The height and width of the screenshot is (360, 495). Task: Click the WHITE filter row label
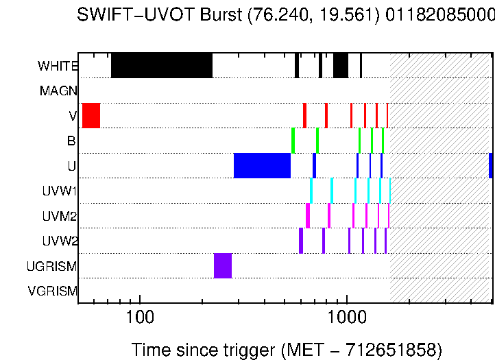tap(58, 67)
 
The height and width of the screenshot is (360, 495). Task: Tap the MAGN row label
tap(58, 91)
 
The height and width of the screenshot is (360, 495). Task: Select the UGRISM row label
tap(51, 266)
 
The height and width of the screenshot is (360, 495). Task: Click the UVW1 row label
tap(60, 191)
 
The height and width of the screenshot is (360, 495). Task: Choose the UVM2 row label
tap(60, 216)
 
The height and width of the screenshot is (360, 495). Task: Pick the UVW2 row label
tap(60, 241)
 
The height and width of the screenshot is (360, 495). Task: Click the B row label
tap(71, 141)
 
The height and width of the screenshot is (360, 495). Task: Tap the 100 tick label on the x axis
tap(140, 318)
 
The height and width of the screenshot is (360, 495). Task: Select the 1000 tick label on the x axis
tap(348, 318)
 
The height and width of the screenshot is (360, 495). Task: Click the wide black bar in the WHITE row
tap(162, 65)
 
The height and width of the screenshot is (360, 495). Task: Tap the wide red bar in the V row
tap(91, 115)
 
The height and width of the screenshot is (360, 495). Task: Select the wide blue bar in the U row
tap(262, 165)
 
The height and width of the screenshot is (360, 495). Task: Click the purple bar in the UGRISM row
tap(223, 265)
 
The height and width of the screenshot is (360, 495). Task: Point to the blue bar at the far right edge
tap(491, 165)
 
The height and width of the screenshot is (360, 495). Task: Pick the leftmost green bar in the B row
tap(293, 141)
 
